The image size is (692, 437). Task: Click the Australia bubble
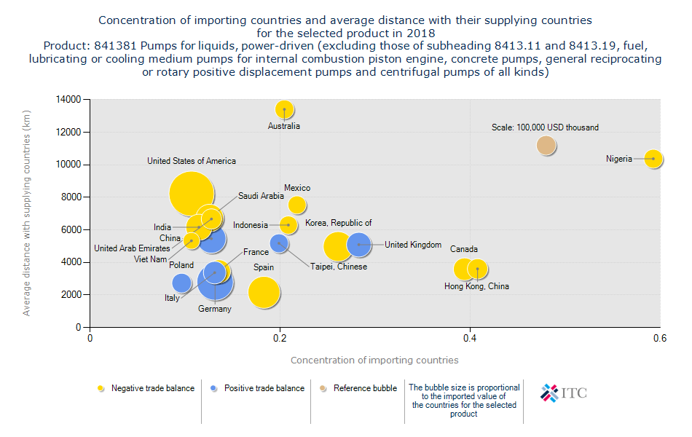[284, 109]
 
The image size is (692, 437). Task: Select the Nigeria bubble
[653, 158]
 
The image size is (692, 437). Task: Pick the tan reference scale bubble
[546, 146]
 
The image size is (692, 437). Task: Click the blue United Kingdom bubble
[358, 245]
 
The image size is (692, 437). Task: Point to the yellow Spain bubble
[264, 293]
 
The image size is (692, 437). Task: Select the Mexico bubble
[296, 205]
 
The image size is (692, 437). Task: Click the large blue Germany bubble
[215, 283]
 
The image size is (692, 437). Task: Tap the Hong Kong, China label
[476, 286]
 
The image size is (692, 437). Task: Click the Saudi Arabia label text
[261, 196]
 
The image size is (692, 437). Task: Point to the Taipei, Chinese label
[339, 267]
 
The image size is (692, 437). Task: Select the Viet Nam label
[150, 259]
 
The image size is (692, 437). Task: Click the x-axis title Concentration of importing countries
[374, 360]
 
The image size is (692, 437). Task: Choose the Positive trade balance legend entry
[263, 388]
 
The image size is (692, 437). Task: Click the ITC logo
[564, 393]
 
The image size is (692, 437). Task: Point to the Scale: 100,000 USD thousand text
[545, 127]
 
